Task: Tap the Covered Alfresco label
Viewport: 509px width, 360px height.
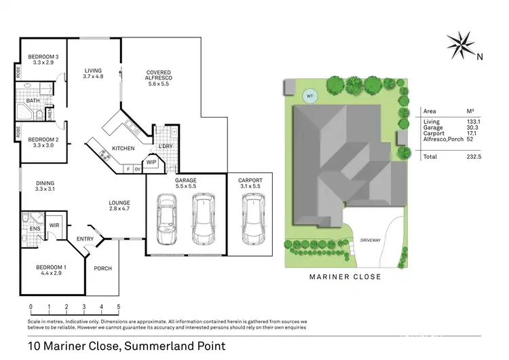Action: (159, 76)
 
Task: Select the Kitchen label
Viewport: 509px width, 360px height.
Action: (123, 148)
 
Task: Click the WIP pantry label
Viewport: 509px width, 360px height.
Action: (151, 162)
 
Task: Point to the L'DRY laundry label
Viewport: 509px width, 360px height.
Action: (165, 147)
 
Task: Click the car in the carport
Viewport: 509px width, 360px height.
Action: (252, 218)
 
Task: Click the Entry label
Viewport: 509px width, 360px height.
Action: (86, 238)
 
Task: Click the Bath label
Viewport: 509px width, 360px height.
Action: (33, 101)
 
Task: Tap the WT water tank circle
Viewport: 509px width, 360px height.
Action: (310, 96)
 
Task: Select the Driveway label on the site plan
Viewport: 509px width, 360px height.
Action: (371, 240)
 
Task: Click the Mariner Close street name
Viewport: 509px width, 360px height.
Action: (345, 276)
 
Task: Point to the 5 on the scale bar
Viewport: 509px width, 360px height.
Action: (119, 306)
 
